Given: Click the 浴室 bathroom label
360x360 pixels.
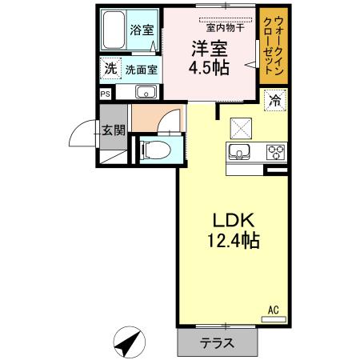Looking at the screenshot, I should [142, 30].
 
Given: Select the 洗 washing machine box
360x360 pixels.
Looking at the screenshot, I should [109, 69].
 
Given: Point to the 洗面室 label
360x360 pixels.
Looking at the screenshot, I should [140, 70].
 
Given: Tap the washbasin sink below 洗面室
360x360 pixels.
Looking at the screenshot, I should [144, 92].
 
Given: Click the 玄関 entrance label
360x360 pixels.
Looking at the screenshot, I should [111, 130].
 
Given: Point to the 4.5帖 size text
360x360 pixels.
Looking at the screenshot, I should [209, 67].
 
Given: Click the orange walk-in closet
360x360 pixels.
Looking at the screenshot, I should [270, 46].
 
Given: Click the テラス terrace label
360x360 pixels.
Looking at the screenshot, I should [218, 343].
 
